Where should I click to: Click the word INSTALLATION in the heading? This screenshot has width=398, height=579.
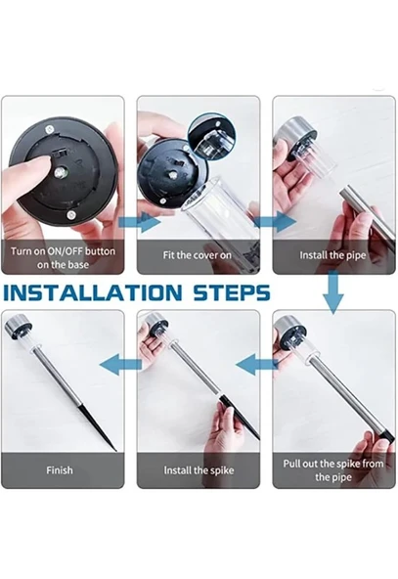(x=93, y=292)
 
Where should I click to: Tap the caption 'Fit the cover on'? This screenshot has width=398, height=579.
(x=198, y=255)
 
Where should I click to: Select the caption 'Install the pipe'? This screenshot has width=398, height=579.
(x=332, y=255)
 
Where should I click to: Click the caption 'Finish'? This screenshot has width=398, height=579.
(x=60, y=470)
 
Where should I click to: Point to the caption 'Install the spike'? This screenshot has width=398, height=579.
(x=199, y=470)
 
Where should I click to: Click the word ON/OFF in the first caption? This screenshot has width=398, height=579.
(x=66, y=251)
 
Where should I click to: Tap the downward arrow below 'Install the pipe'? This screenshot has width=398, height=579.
(x=333, y=292)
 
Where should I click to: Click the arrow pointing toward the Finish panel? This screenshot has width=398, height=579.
(x=120, y=364)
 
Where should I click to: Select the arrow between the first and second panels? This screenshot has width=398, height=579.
(x=140, y=222)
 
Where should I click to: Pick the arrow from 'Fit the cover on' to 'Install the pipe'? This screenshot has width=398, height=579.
(x=275, y=222)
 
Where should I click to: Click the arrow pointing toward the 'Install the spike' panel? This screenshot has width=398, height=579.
(x=256, y=364)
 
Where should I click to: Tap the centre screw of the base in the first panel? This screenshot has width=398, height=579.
(x=61, y=172)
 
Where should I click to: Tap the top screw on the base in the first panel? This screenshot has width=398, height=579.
(x=49, y=129)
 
